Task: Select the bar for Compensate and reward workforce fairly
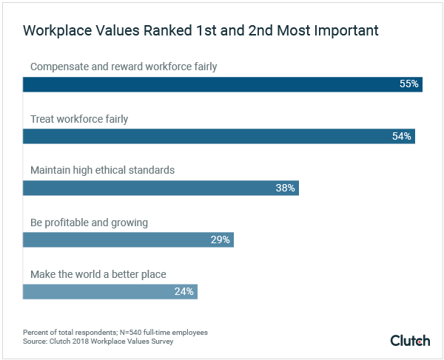pos(222,84)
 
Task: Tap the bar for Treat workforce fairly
pos(218,136)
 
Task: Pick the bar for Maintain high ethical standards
pos(161,188)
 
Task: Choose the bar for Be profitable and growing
pos(128,240)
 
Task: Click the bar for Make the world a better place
pos(110,291)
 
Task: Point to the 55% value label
pos(408,84)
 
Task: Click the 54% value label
pos(402,136)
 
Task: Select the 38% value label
pos(285,188)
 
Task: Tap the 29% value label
pos(220,240)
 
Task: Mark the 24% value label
pos(184,291)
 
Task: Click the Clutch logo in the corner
pos(410,340)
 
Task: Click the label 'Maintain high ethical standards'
pos(102,170)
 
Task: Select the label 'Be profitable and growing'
pos(89,222)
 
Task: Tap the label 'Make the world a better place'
pos(98,274)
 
